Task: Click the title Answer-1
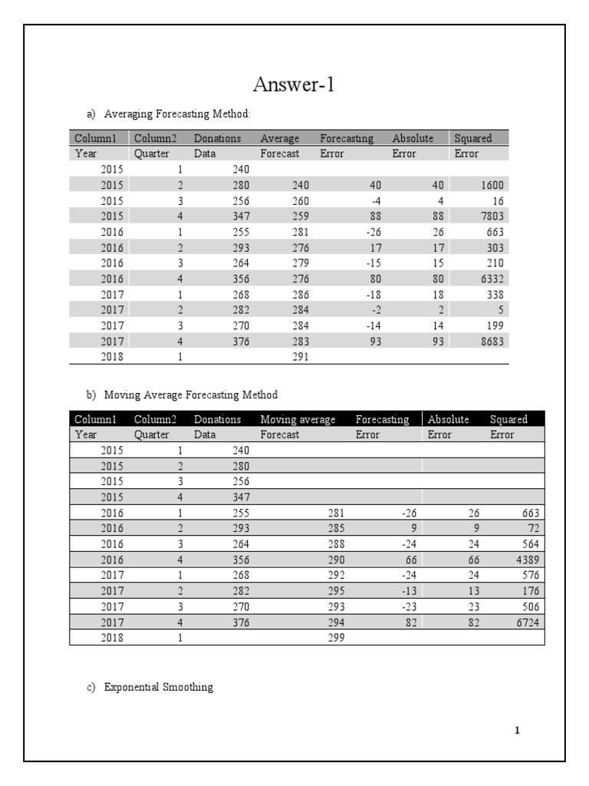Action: tap(294, 85)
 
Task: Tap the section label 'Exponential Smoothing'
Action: tap(158, 687)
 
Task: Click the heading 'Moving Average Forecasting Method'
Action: tap(190, 395)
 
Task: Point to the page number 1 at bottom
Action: tap(517, 730)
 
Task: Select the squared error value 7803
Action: tap(492, 216)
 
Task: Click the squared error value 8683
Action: tap(492, 342)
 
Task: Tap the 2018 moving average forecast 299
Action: tap(336, 637)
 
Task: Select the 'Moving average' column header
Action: tap(298, 419)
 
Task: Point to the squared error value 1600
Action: tap(492, 184)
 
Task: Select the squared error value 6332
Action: tap(492, 279)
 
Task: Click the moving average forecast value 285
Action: tap(336, 528)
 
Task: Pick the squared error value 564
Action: tap(530, 543)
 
